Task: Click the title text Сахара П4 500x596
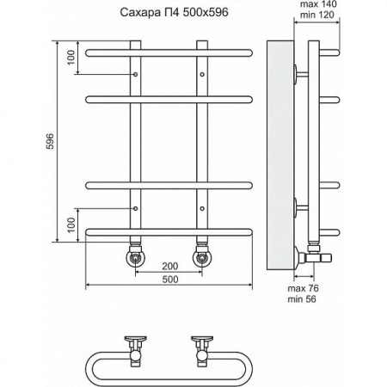click(174, 13)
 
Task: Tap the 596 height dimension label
click(50, 141)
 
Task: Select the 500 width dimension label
click(170, 279)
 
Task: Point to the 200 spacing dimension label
click(170, 266)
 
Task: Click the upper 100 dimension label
click(71, 58)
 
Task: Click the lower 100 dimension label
click(71, 224)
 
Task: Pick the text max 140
click(318, 4)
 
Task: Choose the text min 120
click(317, 15)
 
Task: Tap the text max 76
click(303, 288)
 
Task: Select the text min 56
click(302, 299)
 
